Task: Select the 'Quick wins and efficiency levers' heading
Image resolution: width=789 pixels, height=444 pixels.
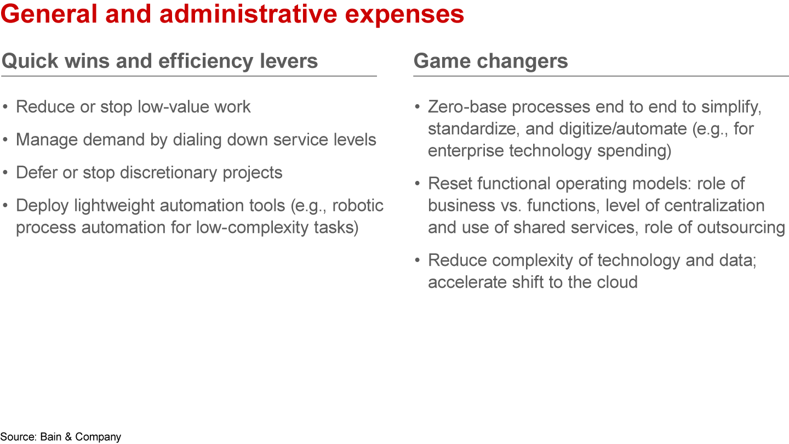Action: click(x=159, y=61)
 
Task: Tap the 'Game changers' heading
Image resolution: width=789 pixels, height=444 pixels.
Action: click(x=490, y=61)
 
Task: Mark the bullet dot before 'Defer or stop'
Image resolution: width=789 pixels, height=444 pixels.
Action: click(x=5, y=173)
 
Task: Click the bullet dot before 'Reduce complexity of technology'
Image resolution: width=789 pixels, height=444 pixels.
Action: click(x=418, y=261)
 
